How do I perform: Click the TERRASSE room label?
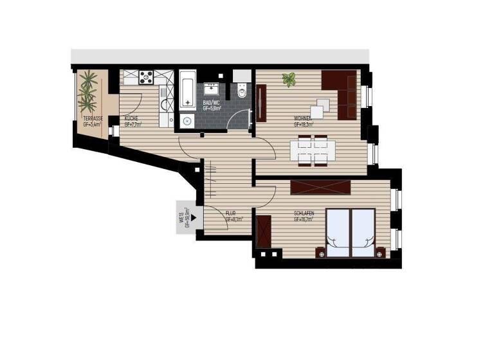pos(93,119)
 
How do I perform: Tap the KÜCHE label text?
pos(131,119)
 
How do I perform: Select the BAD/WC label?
pos(212,103)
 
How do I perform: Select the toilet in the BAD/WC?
pos(242,91)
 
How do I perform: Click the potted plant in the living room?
pos(289,80)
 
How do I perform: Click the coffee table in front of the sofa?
pos(323,104)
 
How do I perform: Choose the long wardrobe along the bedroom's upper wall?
pos(320,187)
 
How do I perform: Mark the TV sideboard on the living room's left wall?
pos(261,103)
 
